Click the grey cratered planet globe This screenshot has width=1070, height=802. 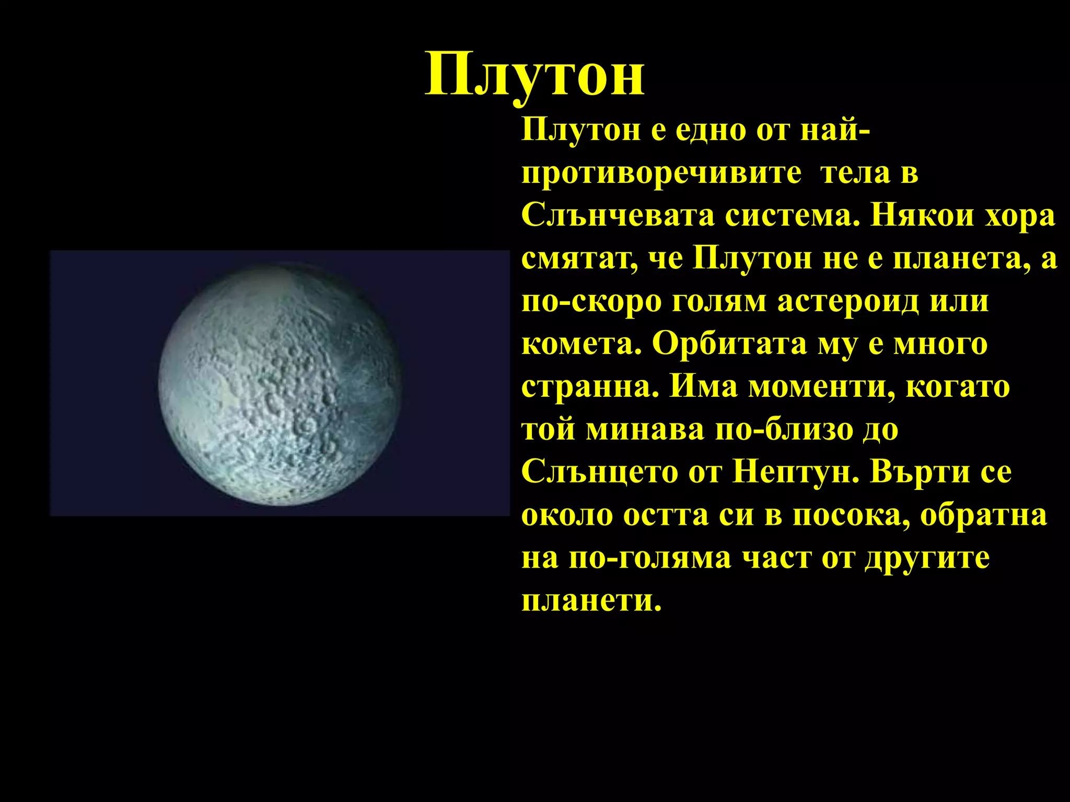[x=280, y=385]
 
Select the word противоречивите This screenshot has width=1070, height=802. [x=661, y=174]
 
